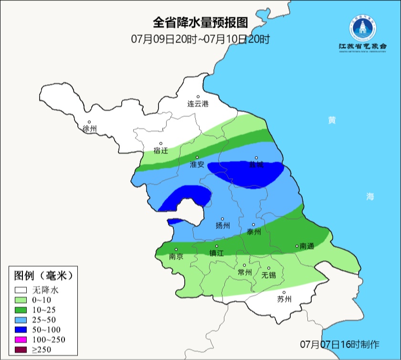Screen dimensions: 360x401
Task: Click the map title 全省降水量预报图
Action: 200,22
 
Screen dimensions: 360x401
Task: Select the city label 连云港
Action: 198,104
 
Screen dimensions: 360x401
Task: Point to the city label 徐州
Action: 89,129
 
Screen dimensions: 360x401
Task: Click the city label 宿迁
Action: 161,150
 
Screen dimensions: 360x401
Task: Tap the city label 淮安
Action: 197,164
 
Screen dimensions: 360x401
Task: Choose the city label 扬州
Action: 222,226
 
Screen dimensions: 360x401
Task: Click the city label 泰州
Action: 253,232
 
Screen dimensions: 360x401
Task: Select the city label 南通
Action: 307,246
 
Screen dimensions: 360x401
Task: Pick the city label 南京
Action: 176,256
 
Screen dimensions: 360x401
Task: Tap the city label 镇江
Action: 216,254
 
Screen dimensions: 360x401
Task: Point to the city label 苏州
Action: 284,300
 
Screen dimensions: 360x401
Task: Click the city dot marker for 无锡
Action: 268,268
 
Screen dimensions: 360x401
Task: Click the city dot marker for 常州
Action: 244,265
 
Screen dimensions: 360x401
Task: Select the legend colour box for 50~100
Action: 21,330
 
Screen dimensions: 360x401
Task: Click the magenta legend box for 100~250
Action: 21,340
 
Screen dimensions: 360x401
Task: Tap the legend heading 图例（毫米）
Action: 43,275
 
